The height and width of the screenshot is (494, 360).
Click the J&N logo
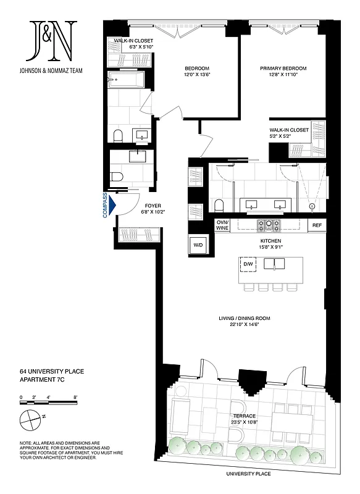point(52,41)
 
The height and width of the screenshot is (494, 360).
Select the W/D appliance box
point(198,245)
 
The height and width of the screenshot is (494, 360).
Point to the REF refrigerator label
point(317,225)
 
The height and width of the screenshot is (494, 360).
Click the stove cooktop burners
point(269,225)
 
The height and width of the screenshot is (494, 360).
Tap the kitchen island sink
point(273,264)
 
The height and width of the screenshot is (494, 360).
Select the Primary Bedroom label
point(283,72)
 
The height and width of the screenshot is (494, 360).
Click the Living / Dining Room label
point(244,322)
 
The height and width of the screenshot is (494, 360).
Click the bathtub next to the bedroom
point(126,80)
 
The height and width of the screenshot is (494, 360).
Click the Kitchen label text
point(270,243)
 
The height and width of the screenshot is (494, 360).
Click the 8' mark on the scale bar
point(75,397)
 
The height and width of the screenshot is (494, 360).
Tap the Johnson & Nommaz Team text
point(52,70)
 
